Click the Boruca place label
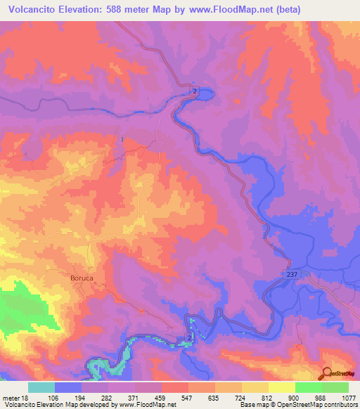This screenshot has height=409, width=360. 82,278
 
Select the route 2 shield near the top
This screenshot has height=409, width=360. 195,91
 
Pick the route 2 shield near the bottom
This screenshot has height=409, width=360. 190,339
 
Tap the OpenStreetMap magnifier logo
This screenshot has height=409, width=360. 326,373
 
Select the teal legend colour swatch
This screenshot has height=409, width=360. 41,387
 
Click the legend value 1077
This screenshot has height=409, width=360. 349,398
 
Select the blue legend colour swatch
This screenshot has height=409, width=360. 68,387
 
